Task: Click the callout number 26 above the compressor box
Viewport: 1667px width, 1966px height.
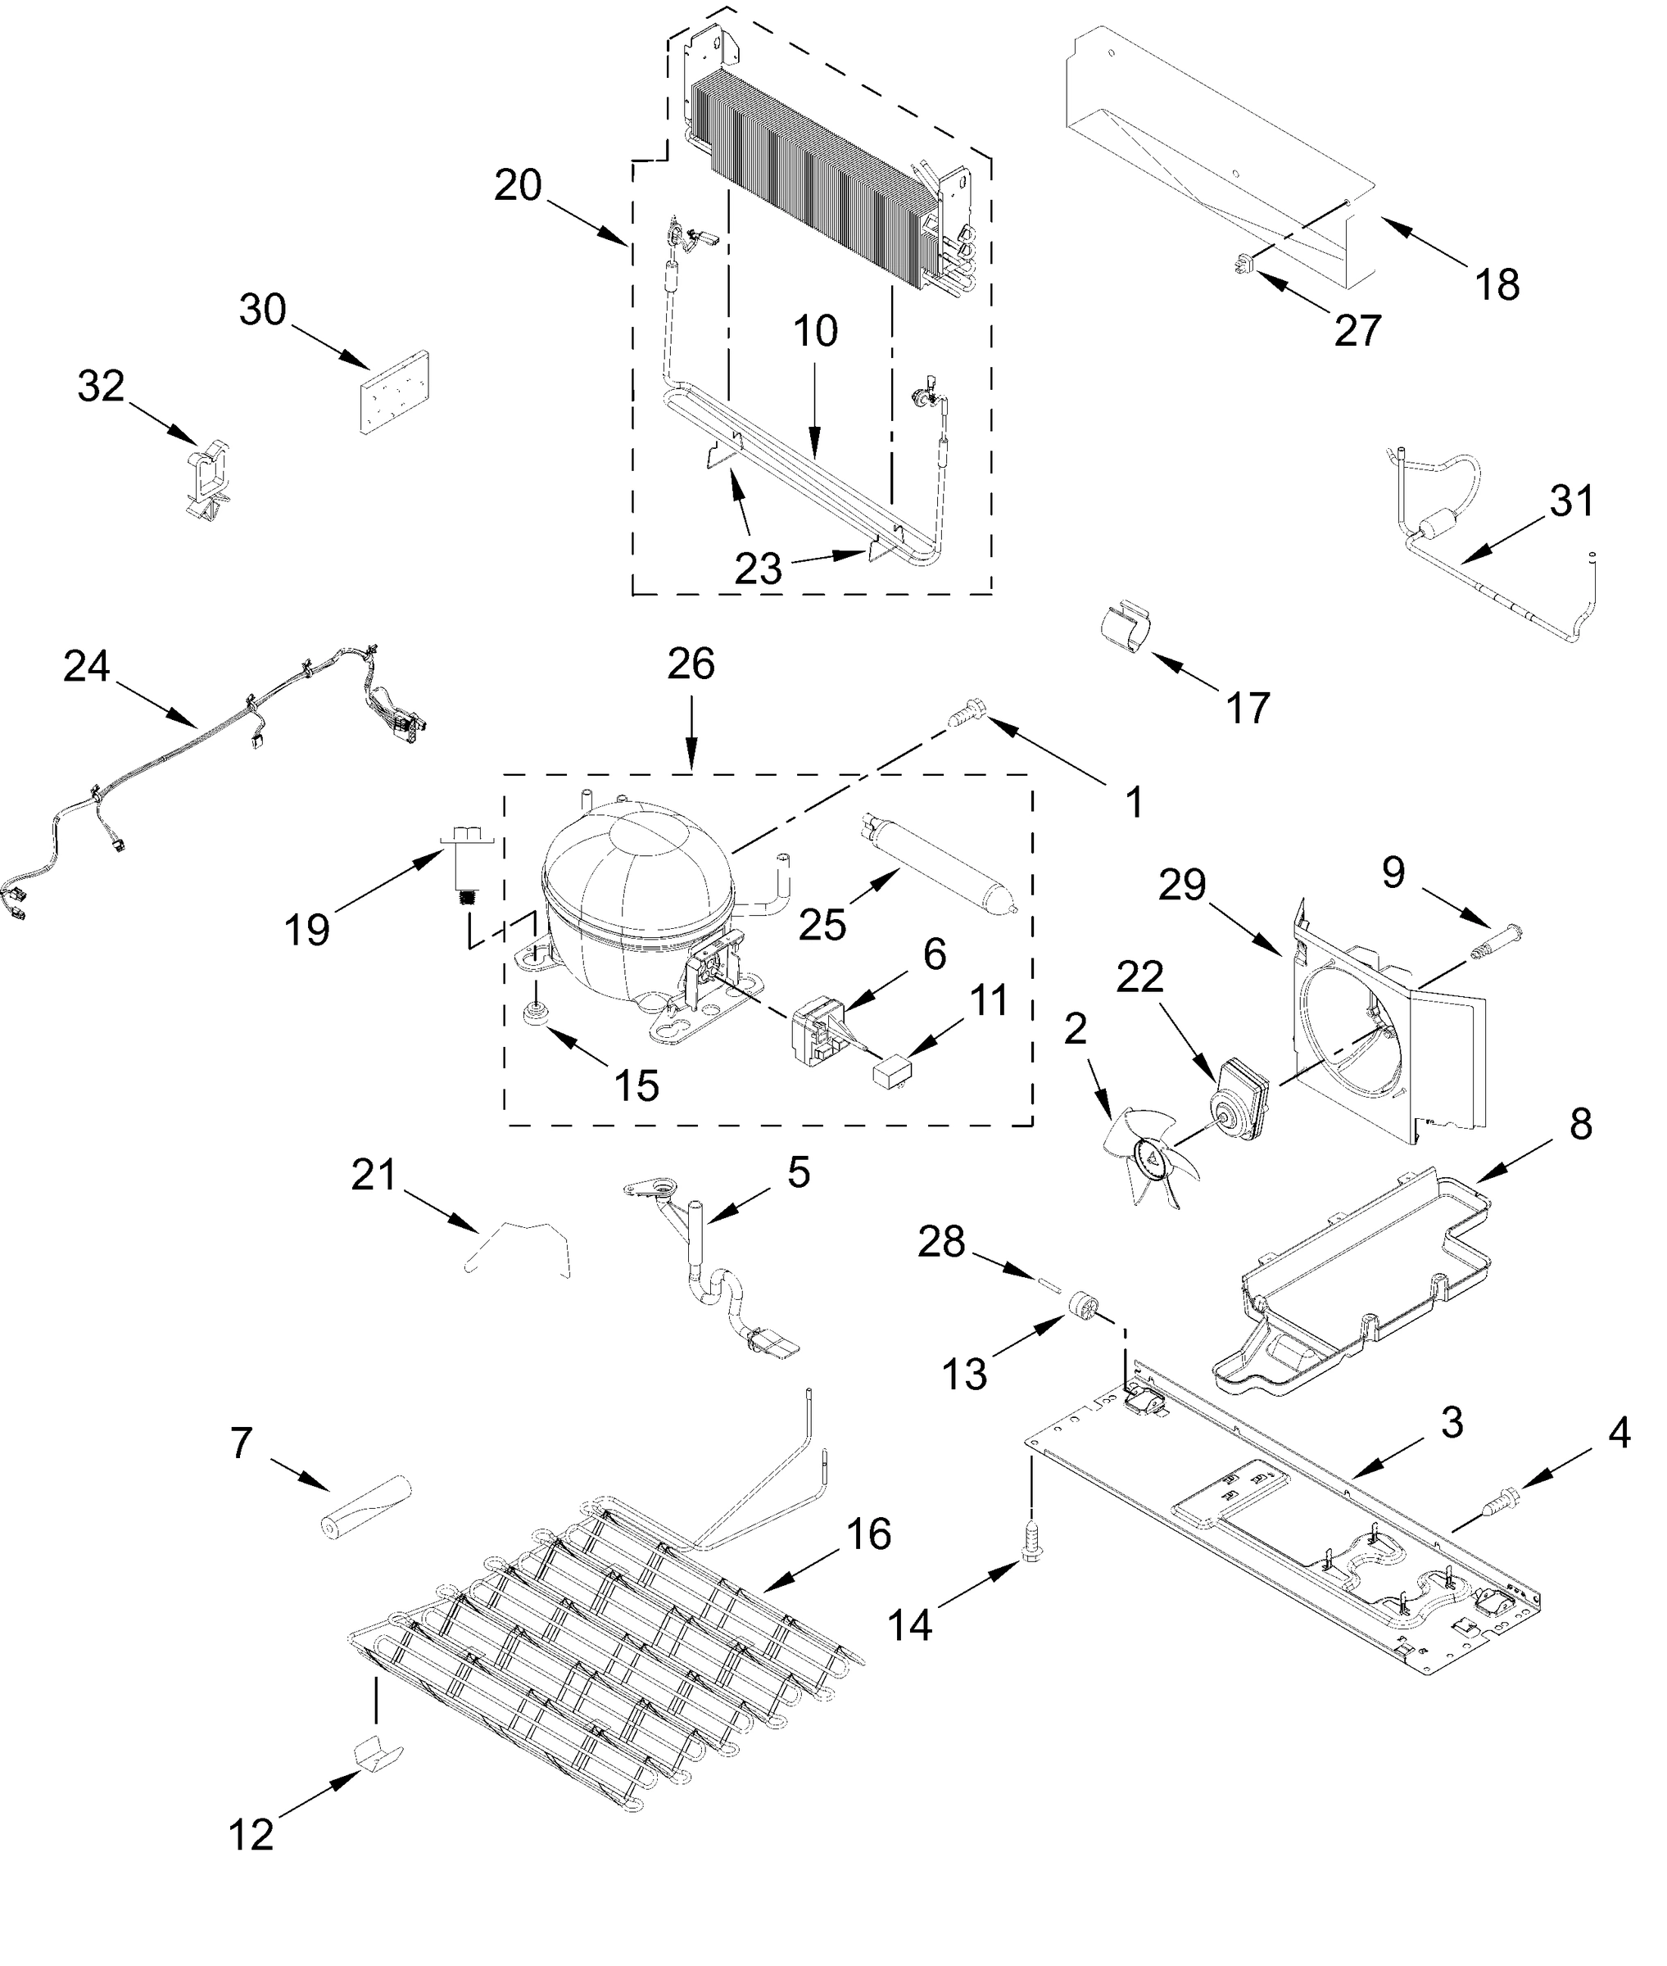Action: pyautogui.click(x=691, y=665)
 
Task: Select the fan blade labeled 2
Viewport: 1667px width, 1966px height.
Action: pyautogui.click(x=1150, y=1157)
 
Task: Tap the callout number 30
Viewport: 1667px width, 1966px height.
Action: pyautogui.click(x=263, y=310)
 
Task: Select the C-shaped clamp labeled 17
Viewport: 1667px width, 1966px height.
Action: pyautogui.click(x=1127, y=625)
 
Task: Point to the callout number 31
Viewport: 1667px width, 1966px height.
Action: pyautogui.click(x=1570, y=501)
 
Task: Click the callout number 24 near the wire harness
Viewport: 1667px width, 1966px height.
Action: pyautogui.click(x=87, y=668)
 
